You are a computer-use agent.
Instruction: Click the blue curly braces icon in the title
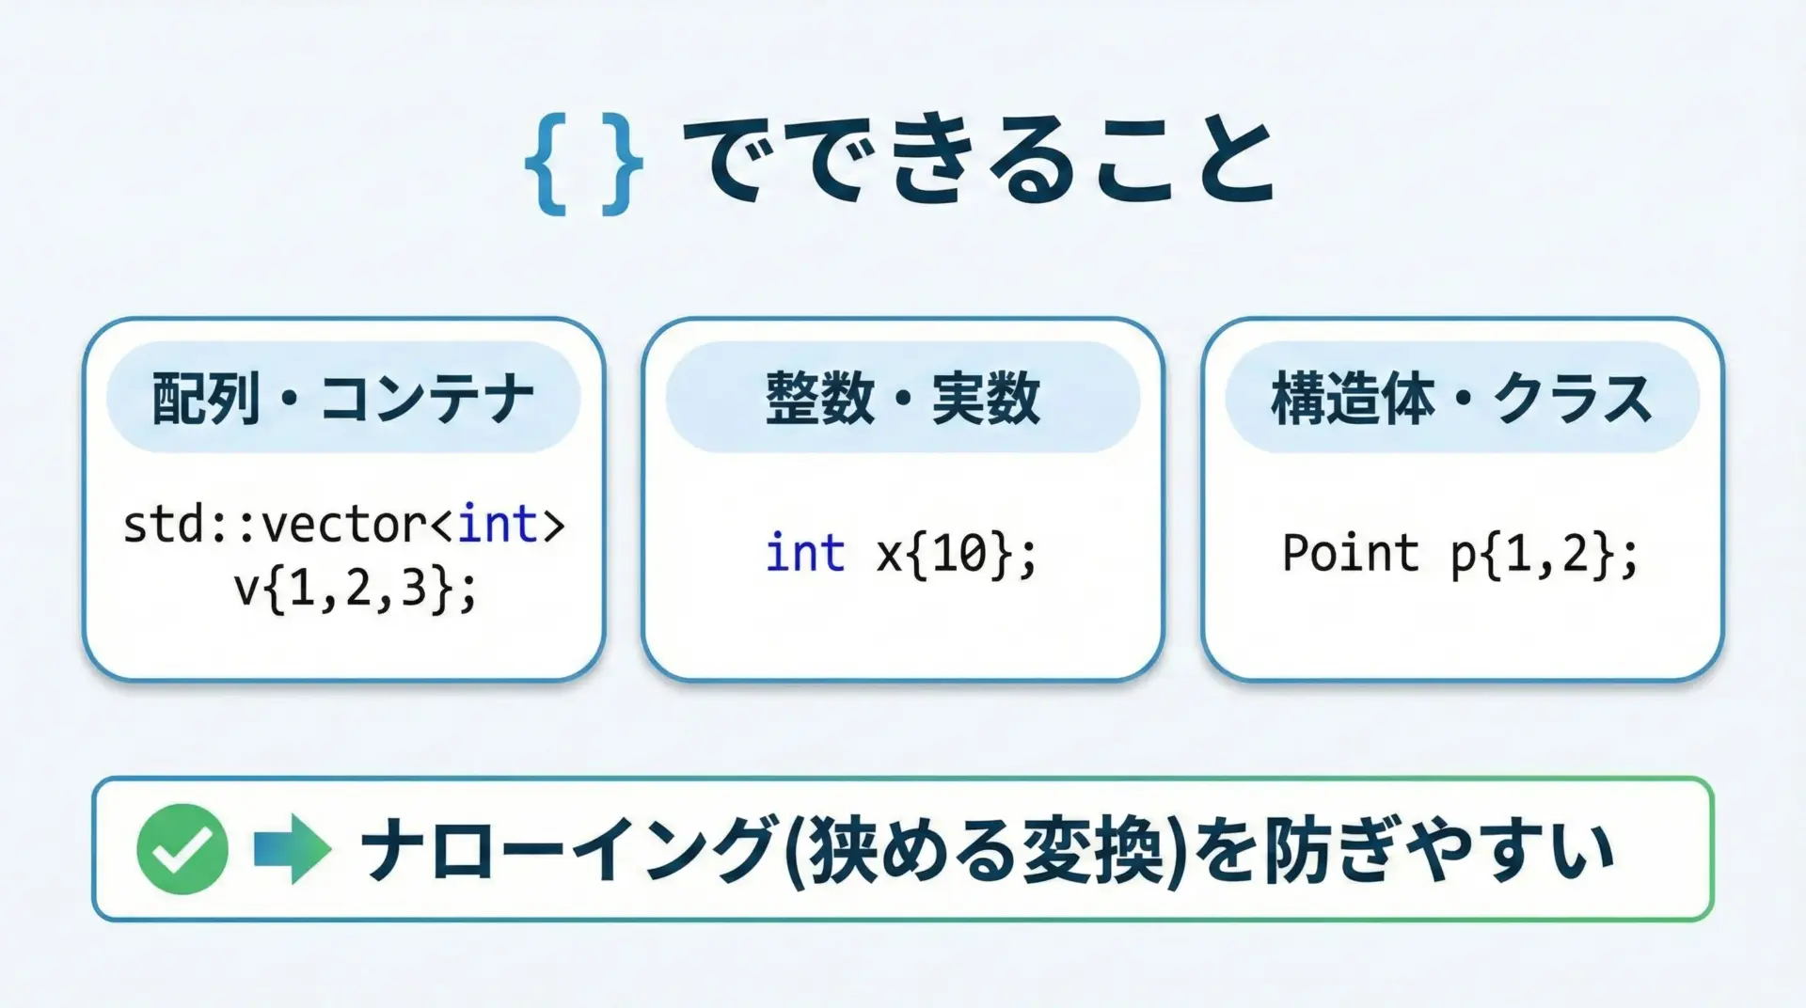click(x=583, y=165)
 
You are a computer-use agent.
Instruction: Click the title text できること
click(x=978, y=161)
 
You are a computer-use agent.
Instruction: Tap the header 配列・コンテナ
click(x=343, y=398)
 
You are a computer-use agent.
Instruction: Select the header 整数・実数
click(x=903, y=398)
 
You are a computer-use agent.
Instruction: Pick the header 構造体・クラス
click(x=1462, y=398)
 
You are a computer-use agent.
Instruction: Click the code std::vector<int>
click(x=343, y=525)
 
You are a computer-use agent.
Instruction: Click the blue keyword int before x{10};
click(x=805, y=552)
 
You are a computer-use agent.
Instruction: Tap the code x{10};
click(x=957, y=554)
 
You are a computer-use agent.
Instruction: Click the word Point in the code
click(x=1350, y=552)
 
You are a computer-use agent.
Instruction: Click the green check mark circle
click(x=182, y=849)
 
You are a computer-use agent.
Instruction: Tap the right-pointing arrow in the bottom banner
click(x=293, y=849)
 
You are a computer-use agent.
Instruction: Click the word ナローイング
click(x=568, y=849)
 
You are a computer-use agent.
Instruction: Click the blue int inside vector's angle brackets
click(x=498, y=524)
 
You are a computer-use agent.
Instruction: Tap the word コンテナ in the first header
click(x=427, y=399)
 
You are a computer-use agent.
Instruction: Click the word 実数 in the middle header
click(x=986, y=398)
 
